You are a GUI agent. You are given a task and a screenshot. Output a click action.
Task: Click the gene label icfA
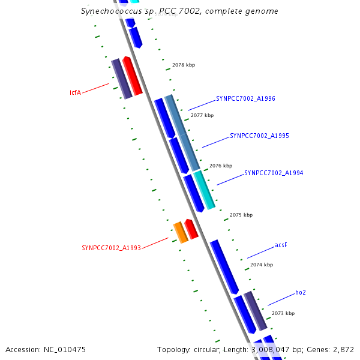pyautogui.click(x=75, y=92)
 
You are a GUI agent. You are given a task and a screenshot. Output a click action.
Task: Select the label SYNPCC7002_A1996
pyautogui.click(x=245, y=98)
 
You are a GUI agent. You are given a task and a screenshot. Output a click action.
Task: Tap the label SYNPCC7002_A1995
pyautogui.click(x=259, y=136)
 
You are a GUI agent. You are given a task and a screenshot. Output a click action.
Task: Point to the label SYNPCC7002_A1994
pyautogui.click(x=274, y=173)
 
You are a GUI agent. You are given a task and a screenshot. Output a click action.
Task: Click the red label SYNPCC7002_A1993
pyautogui.click(x=111, y=248)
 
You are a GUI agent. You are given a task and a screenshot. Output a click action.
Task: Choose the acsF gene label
pyautogui.click(x=281, y=245)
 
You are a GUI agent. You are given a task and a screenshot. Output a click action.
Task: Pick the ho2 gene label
pyautogui.click(x=301, y=293)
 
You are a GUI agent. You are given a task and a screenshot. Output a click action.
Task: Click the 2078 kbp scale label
pyautogui.click(x=183, y=65)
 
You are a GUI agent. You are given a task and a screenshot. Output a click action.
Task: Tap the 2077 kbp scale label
pyautogui.click(x=202, y=115)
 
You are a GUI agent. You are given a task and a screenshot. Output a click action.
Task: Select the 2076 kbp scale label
pyautogui.click(x=220, y=166)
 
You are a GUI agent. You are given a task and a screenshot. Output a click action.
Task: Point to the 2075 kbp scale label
pyautogui.click(x=241, y=215)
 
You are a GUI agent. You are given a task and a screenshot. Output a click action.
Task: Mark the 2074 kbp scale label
pyautogui.click(x=261, y=265)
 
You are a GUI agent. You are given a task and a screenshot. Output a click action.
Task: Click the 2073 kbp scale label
pyautogui.click(x=283, y=313)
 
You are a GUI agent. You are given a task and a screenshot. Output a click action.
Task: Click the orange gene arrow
pyautogui.click(x=180, y=232)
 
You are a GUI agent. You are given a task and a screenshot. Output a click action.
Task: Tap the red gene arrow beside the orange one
pyautogui.click(x=191, y=229)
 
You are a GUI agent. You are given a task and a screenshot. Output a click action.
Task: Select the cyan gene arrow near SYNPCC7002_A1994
pyautogui.click(x=204, y=190)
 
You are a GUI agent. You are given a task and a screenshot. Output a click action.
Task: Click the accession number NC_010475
pyautogui.click(x=65, y=349)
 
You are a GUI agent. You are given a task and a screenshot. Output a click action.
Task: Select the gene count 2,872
pyautogui.click(x=343, y=349)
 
